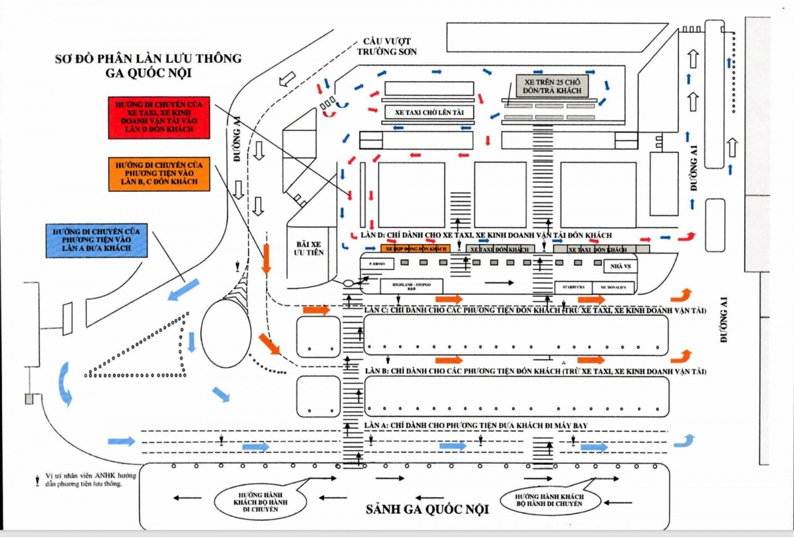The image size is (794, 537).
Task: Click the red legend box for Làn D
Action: pos(159,118)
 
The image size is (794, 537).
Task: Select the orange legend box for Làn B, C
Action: pos(159,174)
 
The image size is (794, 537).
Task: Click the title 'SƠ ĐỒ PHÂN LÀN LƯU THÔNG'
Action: pos(148,59)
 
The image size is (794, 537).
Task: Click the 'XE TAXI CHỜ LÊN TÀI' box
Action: pos(429,112)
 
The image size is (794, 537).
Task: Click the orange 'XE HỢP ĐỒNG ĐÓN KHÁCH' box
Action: pos(416,249)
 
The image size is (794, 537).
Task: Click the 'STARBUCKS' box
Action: pos(574,287)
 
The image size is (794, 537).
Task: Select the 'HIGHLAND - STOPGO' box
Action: pos(412,286)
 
